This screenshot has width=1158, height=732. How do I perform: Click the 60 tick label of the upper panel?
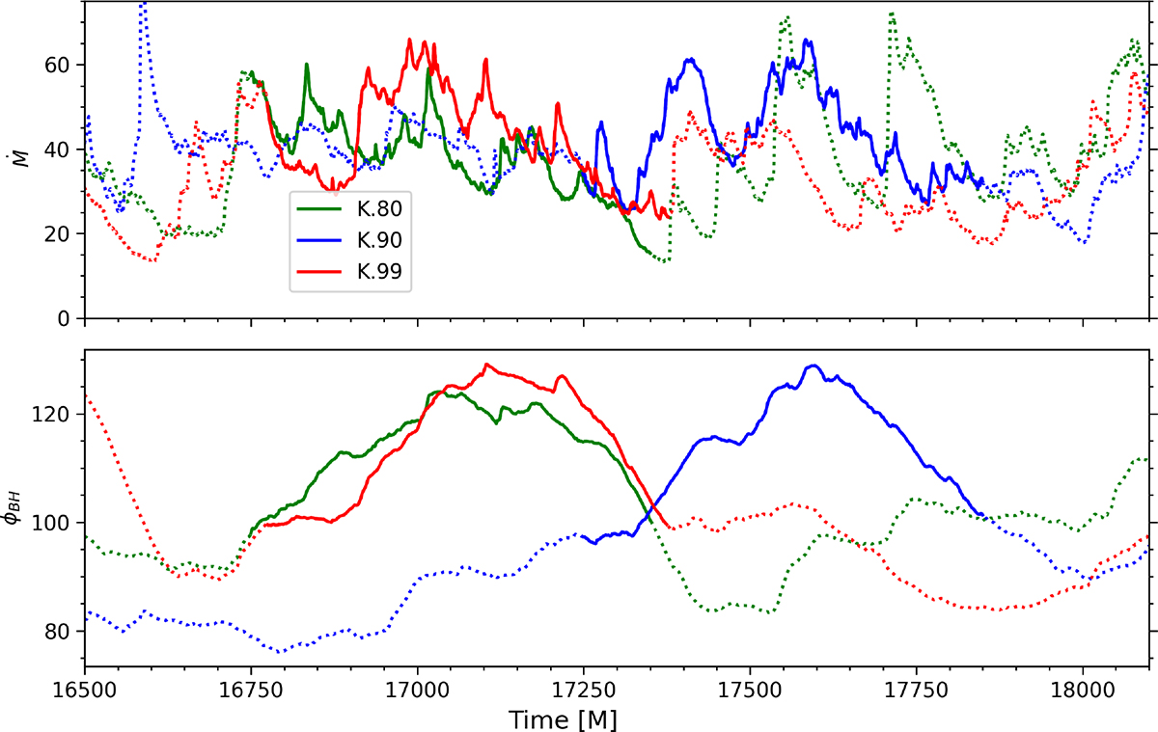[x=64, y=65]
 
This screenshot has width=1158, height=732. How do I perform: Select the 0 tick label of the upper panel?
[x=69, y=318]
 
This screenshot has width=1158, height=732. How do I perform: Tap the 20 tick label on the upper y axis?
[x=64, y=234]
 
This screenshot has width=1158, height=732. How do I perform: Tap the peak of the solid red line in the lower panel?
[x=486, y=364]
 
